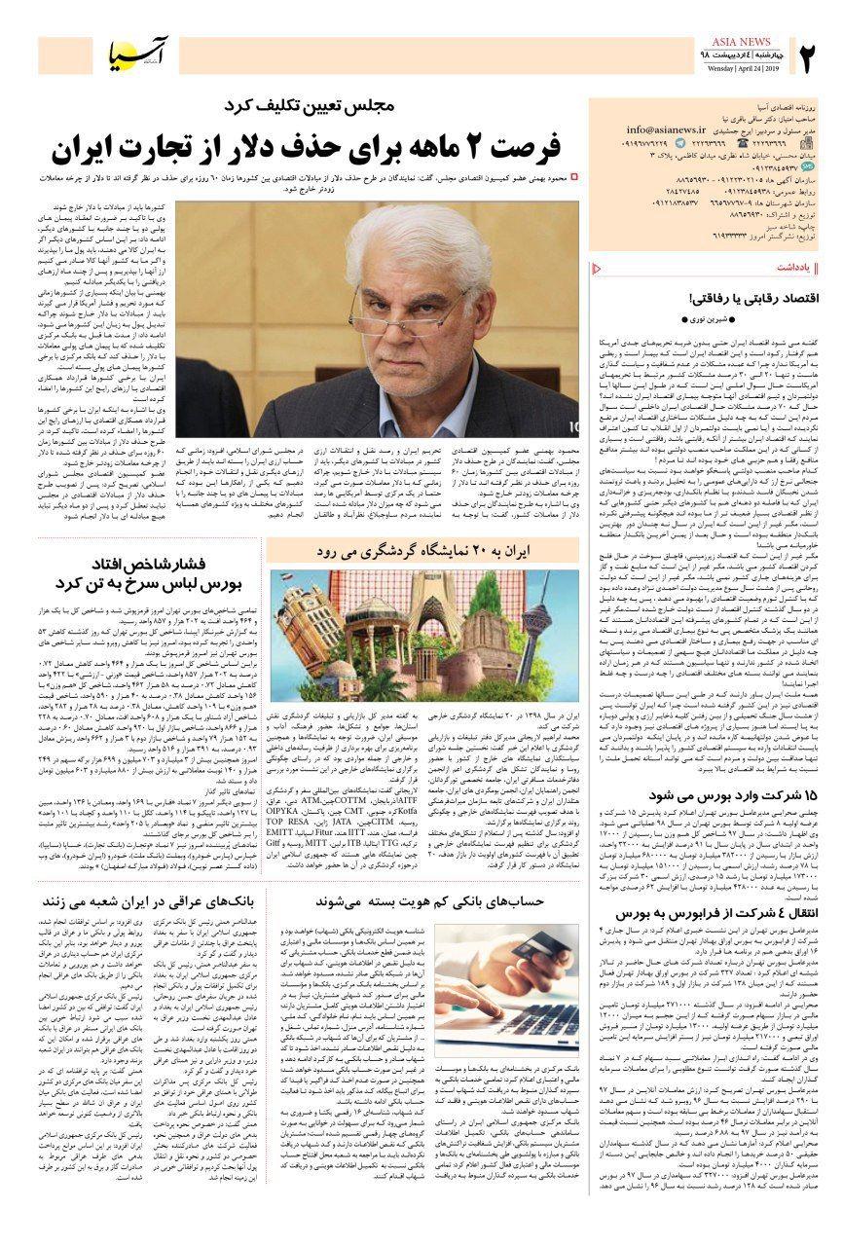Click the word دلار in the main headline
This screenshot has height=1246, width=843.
coord(239,148)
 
